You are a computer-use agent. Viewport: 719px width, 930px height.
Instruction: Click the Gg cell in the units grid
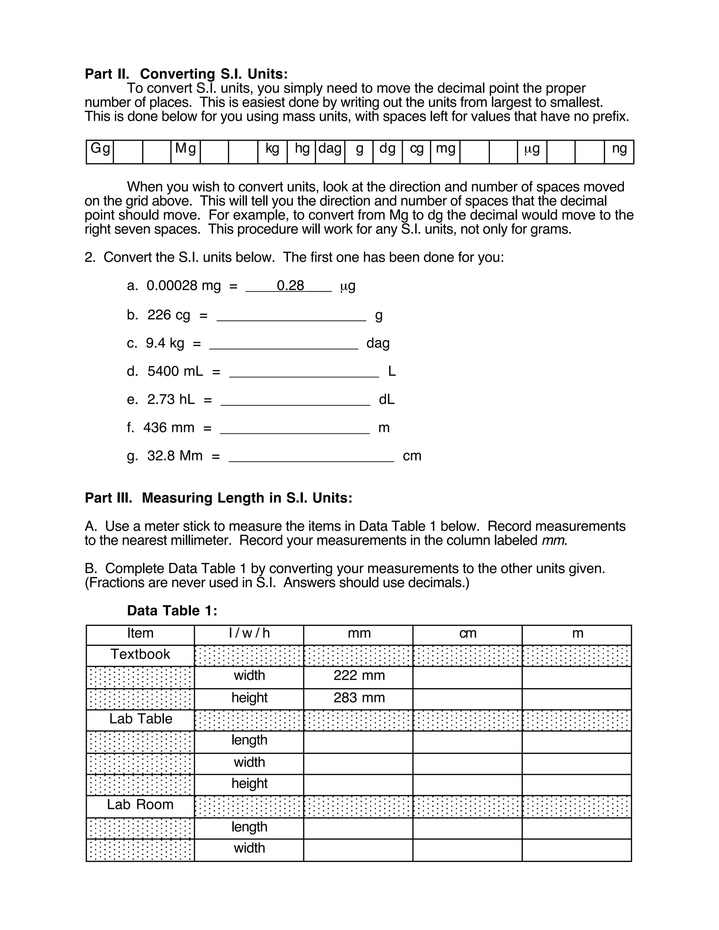(100, 152)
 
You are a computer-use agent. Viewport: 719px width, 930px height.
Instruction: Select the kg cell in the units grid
(272, 152)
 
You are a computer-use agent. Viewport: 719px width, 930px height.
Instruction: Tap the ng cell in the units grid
(619, 152)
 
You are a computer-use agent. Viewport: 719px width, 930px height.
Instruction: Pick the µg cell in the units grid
(532, 152)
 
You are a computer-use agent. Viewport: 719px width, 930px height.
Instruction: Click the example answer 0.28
(290, 285)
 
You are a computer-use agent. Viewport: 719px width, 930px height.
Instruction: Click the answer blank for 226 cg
(291, 316)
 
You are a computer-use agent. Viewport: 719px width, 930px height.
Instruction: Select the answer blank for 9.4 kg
(284, 344)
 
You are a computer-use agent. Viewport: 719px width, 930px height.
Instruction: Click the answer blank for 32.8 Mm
(311, 457)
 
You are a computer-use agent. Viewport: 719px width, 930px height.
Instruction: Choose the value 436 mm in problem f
(169, 427)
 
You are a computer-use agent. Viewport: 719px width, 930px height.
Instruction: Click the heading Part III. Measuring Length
(218, 498)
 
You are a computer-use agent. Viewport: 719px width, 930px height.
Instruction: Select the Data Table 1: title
(172, 611)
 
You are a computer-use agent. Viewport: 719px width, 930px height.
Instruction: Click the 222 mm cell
(359, 675)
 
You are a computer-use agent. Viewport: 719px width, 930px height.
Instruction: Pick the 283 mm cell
(359, 698)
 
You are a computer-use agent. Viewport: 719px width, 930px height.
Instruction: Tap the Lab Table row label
(140, 719)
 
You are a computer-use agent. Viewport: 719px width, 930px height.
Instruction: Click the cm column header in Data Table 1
(467, 633)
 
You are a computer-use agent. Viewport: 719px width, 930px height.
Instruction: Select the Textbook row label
(140, 654)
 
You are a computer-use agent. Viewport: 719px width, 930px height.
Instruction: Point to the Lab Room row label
(140, 804)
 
